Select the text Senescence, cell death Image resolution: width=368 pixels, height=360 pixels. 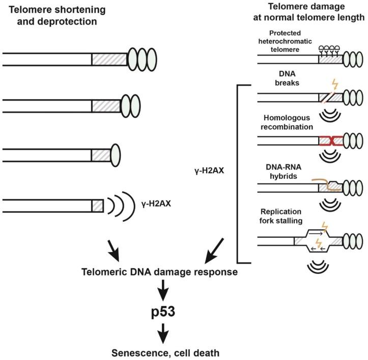pyautogui.click(x=161, y=351)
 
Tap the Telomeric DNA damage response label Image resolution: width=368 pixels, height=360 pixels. pyautogui.click(x=160, y=272)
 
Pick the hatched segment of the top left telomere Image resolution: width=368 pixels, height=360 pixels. pyautogui.click(x=109, y=59)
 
